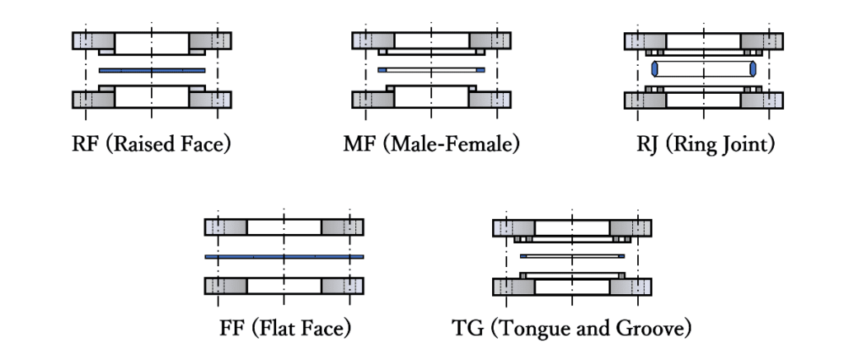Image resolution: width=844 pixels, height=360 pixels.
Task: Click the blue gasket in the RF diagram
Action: pos(152,71)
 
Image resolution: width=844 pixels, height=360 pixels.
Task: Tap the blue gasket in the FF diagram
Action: pos(284,257)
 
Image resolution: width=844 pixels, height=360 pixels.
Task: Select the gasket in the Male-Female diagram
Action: pos(431,70)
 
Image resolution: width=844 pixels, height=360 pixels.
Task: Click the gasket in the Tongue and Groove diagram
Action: pos(572,256)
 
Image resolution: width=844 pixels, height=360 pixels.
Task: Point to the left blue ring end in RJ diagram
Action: pos(654,70)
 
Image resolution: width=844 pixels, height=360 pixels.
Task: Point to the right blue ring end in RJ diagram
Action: pos(753,70)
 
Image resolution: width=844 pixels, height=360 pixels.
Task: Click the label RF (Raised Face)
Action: pos(151,145)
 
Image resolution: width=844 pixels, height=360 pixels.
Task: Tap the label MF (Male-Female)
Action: pos(431,145)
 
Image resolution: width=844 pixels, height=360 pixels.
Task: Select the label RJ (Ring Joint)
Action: pos(703,145)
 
